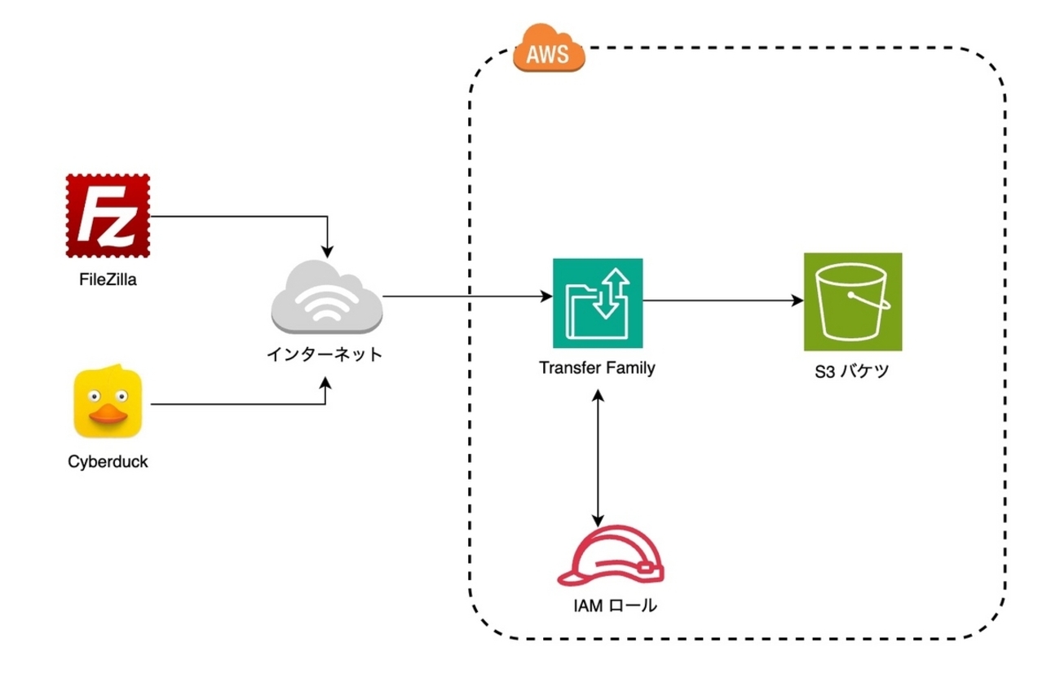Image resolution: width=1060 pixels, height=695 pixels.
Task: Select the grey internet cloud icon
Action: click(326, 297)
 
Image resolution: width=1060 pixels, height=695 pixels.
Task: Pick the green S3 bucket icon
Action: click(852, 301)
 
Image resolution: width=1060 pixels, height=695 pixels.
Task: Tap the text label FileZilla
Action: click(108, 281)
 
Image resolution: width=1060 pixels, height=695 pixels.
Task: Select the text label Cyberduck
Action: click(108, 464)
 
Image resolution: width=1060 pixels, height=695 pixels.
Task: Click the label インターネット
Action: click(325, 356)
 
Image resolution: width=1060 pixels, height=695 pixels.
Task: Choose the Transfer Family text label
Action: click(597, 367)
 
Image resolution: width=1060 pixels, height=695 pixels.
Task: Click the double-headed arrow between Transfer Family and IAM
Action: click(599, 456)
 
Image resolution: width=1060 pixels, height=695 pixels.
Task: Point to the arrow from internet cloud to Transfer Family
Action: click(465, 296)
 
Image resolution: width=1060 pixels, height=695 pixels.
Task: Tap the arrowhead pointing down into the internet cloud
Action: click(326, 249)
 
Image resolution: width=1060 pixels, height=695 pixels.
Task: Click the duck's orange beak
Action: click(108, 416)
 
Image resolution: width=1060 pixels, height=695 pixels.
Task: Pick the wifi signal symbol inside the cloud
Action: click(326, 306)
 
